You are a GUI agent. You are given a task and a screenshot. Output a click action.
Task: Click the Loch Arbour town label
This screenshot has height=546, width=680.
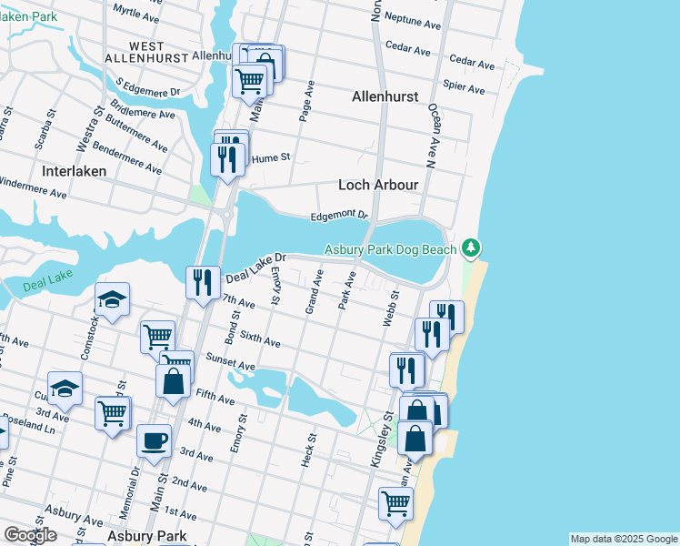(x=378, y=185)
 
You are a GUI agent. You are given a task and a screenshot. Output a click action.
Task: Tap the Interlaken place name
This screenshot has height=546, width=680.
(x=74, y=170)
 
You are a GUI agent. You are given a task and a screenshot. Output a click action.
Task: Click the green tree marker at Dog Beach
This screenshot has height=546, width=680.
(x=470, y=248)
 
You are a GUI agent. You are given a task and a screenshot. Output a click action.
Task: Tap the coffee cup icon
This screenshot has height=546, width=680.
(x=154, y=441)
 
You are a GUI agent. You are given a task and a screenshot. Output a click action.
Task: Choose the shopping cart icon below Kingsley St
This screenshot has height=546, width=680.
(x=395, y=503)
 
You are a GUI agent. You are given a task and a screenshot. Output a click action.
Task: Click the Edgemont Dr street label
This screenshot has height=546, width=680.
(x=338, y=216)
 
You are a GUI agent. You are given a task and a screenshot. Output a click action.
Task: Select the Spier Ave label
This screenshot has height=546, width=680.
(x=464, y=87)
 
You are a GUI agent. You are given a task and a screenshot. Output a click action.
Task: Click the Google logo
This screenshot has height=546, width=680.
(x=30, y=535)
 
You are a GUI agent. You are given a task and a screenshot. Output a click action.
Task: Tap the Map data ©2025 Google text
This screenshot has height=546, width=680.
(x=623, y=539)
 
